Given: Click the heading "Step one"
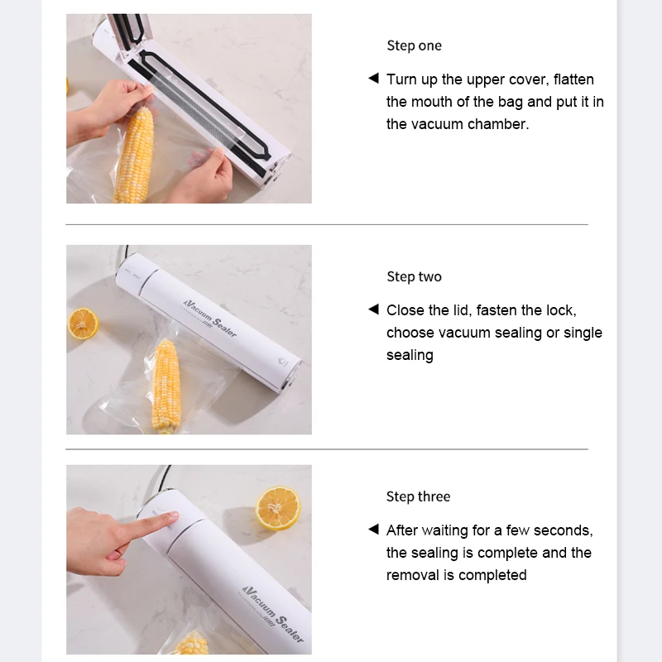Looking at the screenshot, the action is coord(415,46).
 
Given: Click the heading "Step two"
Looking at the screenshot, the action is coord(415,276).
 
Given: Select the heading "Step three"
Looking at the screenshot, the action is coord(418,496).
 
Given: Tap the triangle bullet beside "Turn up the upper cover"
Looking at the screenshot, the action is coord(374,78).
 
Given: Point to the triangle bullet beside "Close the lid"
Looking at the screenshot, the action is coord(374,309).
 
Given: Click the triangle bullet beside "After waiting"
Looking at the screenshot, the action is coord(374,529).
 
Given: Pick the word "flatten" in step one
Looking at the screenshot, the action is coord(573,79).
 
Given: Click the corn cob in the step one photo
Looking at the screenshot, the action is coord(133,156).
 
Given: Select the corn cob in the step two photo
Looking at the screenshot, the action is coord(166,386).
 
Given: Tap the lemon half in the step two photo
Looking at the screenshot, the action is coord(84,324).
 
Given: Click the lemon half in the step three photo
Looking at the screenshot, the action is coord(278,508).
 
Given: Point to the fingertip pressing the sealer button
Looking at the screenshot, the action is coord(172,516).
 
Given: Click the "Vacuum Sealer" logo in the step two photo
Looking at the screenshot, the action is coord(210,319).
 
